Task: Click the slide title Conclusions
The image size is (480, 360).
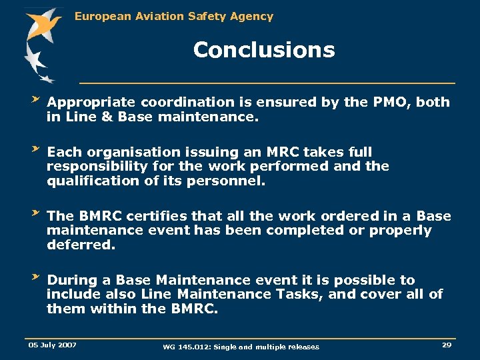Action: click(x=264, y=50)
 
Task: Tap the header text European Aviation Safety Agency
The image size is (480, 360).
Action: click(x=174, y=16)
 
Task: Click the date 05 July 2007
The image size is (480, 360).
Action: click(x=52, y=345)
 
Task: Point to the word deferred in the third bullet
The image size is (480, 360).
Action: click(x=81, y=245)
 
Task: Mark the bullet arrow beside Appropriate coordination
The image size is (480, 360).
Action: click(x=36, y=99)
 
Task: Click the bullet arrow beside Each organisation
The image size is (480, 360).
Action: click(x=36, y=149)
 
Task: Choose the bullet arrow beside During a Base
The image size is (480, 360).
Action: click(x=36, y=277)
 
